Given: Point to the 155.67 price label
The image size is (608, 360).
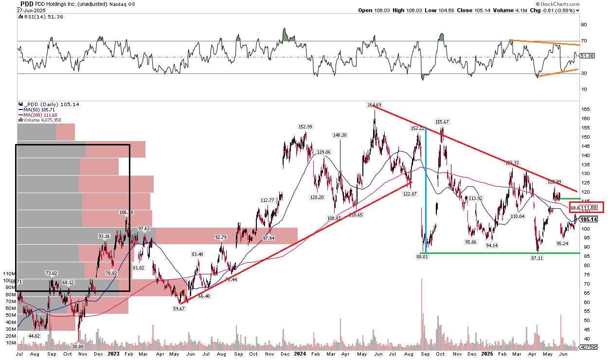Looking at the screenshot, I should pos(442,122).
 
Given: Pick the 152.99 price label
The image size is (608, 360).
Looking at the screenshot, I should pos(305,127).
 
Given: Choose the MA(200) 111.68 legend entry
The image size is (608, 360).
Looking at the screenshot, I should pos(37,114).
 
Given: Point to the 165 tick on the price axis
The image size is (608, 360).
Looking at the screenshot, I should pos(586,109).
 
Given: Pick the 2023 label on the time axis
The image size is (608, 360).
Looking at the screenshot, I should pos(112,355).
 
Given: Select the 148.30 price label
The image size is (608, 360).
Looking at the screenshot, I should pos(340,135).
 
